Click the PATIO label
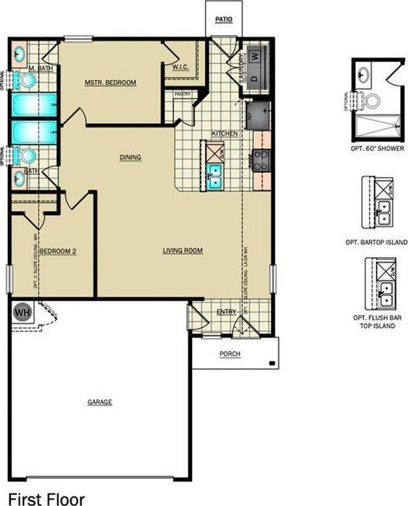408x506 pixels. [x=223, y=20]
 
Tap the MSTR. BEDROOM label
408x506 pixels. [x=111, y=82]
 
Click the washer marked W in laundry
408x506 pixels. [x=255, y=55]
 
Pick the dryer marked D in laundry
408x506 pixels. [x=255, y=77]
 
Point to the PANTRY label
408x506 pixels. [x=182, y=94]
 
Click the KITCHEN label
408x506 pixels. [x=222, y=134]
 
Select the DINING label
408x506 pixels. [x=131, y=157]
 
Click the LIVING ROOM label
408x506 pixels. [x=182, y=251]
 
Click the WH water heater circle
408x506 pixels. [x=22, y=311]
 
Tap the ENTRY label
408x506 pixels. [x=226, y=313]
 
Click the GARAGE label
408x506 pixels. [x=100, y=402]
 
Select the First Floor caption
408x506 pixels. [x=47, y=499]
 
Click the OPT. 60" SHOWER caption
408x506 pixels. [x=377, y=147]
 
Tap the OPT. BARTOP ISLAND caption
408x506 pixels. [x=377, y=241]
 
